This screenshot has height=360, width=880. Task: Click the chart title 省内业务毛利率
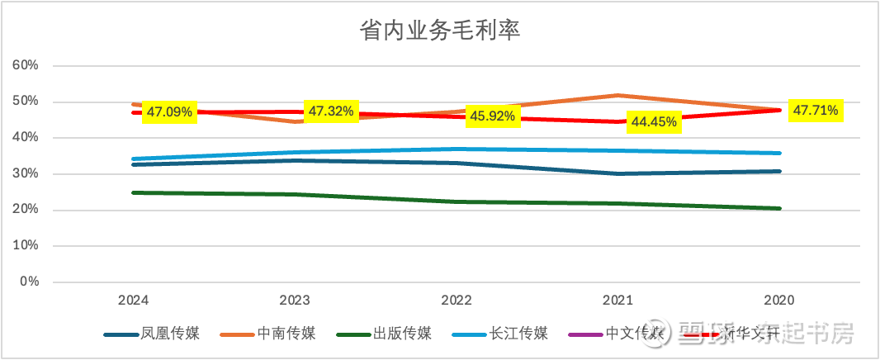(440, 31)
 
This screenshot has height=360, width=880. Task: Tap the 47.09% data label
(170, 111)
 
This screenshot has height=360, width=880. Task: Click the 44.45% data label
(654, 121)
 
